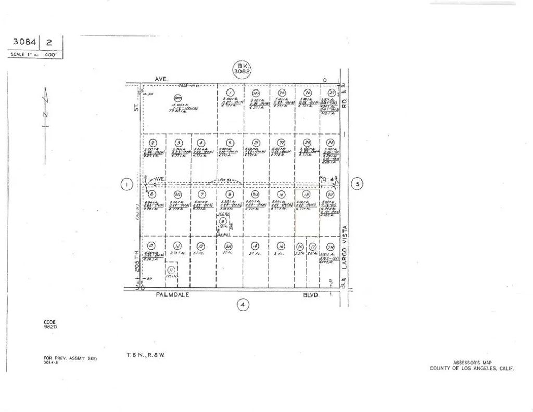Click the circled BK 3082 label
click(x=242, y=68)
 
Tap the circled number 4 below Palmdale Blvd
click(x=243, y=305)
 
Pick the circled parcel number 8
click(x=223, y=221)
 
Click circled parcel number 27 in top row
click(x=331, y=93)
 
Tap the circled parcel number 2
click(x=153, y=143)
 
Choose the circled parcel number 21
click(x=256, y=143)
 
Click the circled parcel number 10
click(x=151, y=246)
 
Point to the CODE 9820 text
click(x=50, y=324)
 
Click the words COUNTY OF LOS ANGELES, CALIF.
click(x=472, y=368)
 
